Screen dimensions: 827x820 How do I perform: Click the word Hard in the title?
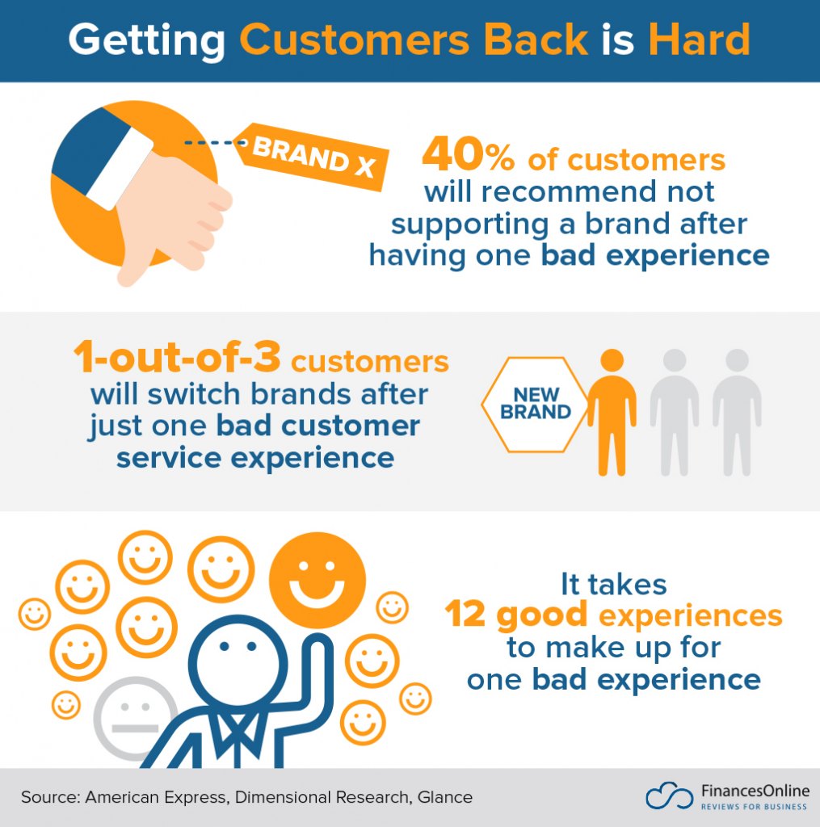[x=696, y=40]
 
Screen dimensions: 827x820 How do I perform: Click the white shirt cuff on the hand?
[x=121, y=170]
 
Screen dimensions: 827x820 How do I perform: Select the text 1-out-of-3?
[x=177, y=361]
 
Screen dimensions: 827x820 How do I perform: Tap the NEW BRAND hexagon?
[x=535, y=403]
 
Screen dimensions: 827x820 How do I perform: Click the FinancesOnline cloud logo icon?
[x=669, y=796]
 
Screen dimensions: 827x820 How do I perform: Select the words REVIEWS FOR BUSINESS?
[x=753, y=808]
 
